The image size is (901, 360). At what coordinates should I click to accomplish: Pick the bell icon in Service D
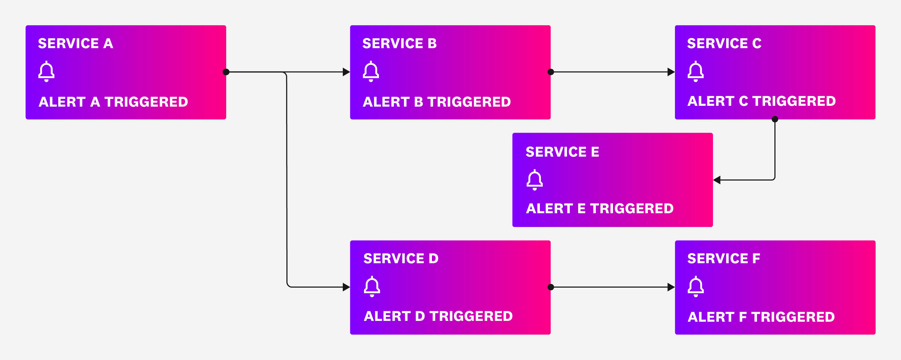[x=372, y=287]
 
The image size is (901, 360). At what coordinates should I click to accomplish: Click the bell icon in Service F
[x=696, y=287]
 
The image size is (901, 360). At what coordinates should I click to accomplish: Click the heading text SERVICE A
[x=76, y=43]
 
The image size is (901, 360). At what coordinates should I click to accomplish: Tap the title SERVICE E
[x=562, y=152]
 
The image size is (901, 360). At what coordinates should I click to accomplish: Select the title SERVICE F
[x=723, y=258]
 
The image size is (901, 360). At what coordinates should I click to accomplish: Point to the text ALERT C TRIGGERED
[x=761, y=101]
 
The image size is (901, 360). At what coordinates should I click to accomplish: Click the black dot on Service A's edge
[x=226, y=72]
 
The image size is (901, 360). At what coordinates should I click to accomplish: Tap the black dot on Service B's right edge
[x=550, y=72]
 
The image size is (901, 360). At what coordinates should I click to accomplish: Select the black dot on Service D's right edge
[x=550, y=287]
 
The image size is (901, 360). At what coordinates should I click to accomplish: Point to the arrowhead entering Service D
[x=346, y=287]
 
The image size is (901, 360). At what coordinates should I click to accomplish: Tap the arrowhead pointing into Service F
[x=671, y=287]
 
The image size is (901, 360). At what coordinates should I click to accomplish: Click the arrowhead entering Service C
[x=671, y=72]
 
